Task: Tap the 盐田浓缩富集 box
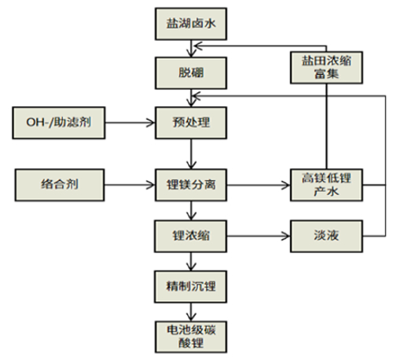(325, 67)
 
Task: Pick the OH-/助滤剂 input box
(59, 123)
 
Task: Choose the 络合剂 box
(59, 186)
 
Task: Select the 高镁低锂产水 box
(325, 186)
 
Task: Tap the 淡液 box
(325, 233)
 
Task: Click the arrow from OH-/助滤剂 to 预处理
(128, 123)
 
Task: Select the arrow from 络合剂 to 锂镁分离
(128, 186)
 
